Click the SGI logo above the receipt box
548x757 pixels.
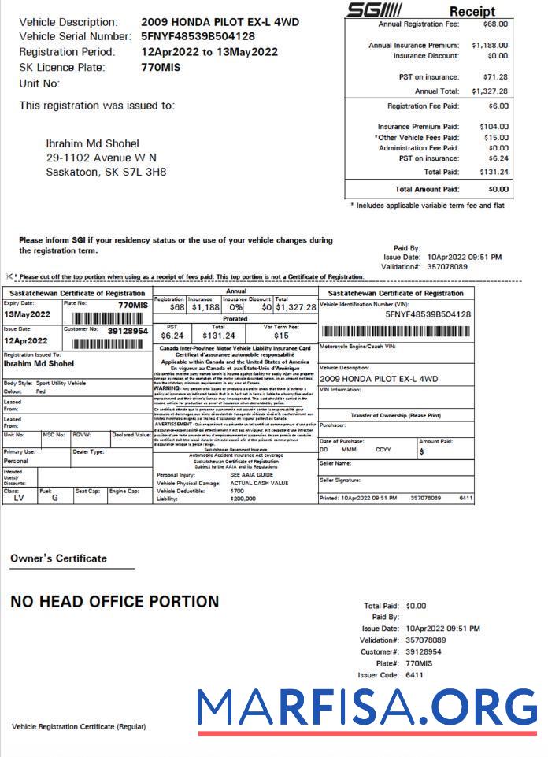click(374, 9)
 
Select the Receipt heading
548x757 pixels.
click(472, 11)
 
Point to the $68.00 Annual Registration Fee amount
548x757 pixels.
click(495, 24)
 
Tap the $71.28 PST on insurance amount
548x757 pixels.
click(495, 77)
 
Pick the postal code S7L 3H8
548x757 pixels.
click(147, 172)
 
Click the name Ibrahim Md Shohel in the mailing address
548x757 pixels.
click(93, 143)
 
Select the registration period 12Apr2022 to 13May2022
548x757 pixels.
click(209, 52)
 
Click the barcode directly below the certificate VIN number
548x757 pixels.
click(396, 331)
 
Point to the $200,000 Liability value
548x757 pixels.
click(244, 499)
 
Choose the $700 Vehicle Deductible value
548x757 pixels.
click(237, 491)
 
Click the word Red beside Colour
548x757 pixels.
click(41, 391)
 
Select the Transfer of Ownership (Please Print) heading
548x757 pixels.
click(395, 415)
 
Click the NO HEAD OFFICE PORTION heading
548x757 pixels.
click(115, 602)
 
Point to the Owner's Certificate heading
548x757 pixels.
click(58, 558)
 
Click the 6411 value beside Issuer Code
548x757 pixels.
click(414, 675)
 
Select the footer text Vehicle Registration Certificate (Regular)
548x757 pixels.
click(79, 725)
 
